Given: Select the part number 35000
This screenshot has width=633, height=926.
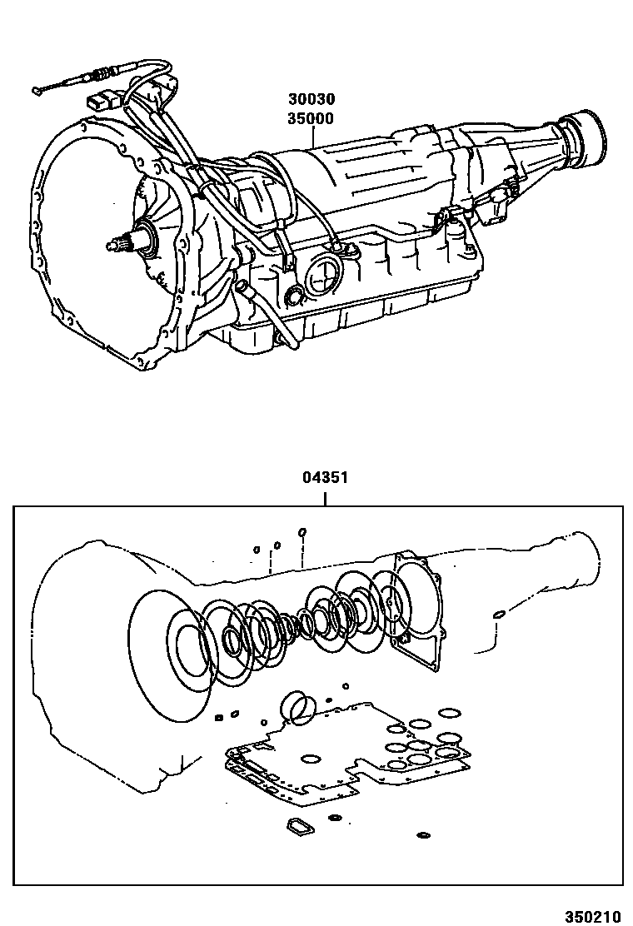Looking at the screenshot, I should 311,118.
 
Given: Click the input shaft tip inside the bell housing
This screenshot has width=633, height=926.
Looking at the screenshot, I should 113,245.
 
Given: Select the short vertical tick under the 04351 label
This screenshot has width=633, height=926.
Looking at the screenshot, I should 326,498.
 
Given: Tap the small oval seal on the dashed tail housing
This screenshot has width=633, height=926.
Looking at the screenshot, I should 499,615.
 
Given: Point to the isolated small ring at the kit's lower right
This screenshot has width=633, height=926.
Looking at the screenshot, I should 423,834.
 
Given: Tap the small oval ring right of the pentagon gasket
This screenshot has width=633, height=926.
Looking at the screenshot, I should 336,818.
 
